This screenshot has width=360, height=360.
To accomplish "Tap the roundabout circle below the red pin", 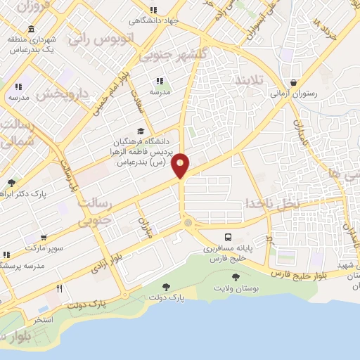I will coord(187,223).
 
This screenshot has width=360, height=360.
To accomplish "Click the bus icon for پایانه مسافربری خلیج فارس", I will coord(228,237).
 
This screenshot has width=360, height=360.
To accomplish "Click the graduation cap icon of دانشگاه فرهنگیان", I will coord(140,131).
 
